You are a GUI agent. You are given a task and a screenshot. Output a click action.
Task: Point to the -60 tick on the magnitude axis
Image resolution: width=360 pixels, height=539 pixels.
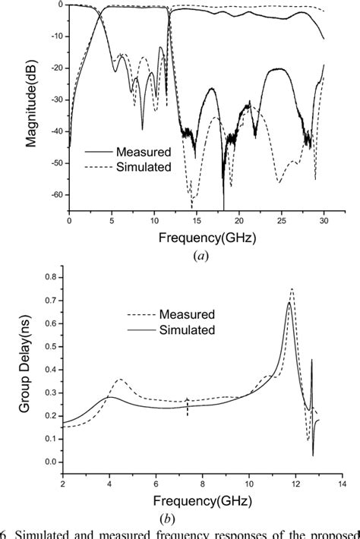pos(54,195)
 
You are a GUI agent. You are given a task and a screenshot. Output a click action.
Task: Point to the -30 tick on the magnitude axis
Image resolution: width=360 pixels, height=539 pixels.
pos(54,99)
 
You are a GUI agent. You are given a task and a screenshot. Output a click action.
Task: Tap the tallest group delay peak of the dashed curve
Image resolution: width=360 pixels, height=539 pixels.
pos(292,289)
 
